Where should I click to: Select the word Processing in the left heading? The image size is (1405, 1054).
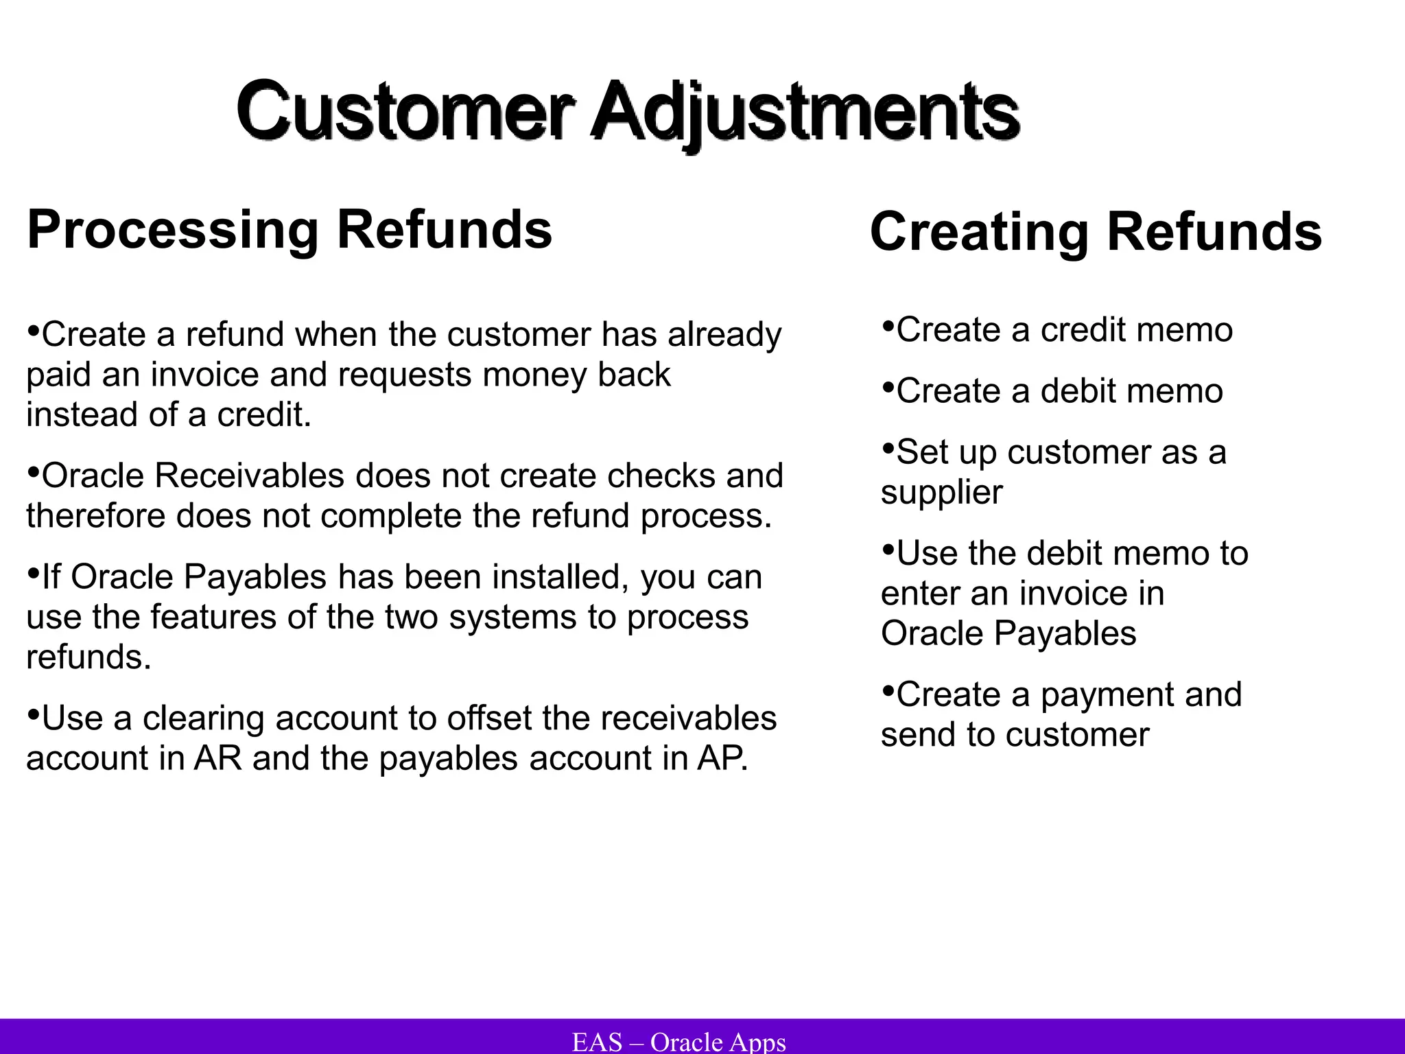click(172, 231)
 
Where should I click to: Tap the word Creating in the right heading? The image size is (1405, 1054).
click(978, 232)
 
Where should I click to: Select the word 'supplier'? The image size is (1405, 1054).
click(941, 493)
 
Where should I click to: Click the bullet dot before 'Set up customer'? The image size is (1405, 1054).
click(888, 449)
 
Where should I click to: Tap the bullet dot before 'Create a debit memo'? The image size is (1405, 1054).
click(888, 388)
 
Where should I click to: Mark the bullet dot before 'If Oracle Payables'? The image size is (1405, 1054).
click(33, 574)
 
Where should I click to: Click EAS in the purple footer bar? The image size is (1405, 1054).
click(597, 1042)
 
